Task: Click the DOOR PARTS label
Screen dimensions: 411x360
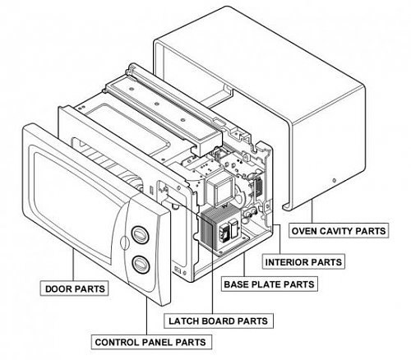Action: [74, 288]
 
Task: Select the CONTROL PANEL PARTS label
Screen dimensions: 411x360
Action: [151, 342]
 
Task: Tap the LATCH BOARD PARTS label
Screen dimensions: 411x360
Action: [219, 321]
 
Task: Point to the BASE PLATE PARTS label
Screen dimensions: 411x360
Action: [270, 284]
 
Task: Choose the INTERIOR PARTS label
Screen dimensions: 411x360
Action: [303, 262]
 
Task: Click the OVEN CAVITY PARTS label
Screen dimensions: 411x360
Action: [339, 231]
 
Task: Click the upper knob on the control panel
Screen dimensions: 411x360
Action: [140, 235]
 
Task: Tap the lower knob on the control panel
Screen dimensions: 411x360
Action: [141, 265]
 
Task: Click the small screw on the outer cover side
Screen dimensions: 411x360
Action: [334, 180]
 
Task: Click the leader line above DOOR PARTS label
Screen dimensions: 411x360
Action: [73, 265]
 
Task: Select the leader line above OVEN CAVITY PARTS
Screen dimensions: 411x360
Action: [312, 212]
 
